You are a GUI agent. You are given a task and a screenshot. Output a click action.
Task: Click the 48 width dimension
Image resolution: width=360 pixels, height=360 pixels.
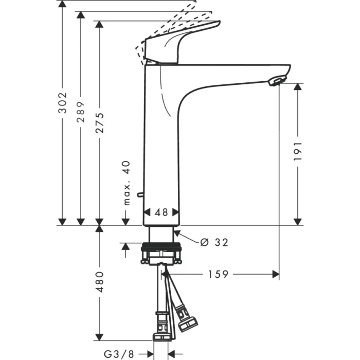(161, 212)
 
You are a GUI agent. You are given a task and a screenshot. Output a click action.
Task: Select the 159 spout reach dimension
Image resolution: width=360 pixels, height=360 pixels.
(218, 274)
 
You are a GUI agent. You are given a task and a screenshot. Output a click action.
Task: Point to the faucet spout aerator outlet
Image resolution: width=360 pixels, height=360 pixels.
(277, 80)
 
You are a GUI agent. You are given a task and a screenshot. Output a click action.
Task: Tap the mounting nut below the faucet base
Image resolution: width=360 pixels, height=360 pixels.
(161, 254)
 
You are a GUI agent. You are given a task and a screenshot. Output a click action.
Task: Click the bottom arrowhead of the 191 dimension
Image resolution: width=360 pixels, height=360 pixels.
(297, 221)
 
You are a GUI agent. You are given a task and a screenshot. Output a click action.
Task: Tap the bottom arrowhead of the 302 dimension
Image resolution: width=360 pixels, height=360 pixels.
(62, 221)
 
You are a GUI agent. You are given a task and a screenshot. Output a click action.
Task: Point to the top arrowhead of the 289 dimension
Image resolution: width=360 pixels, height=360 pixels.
(80, 15)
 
